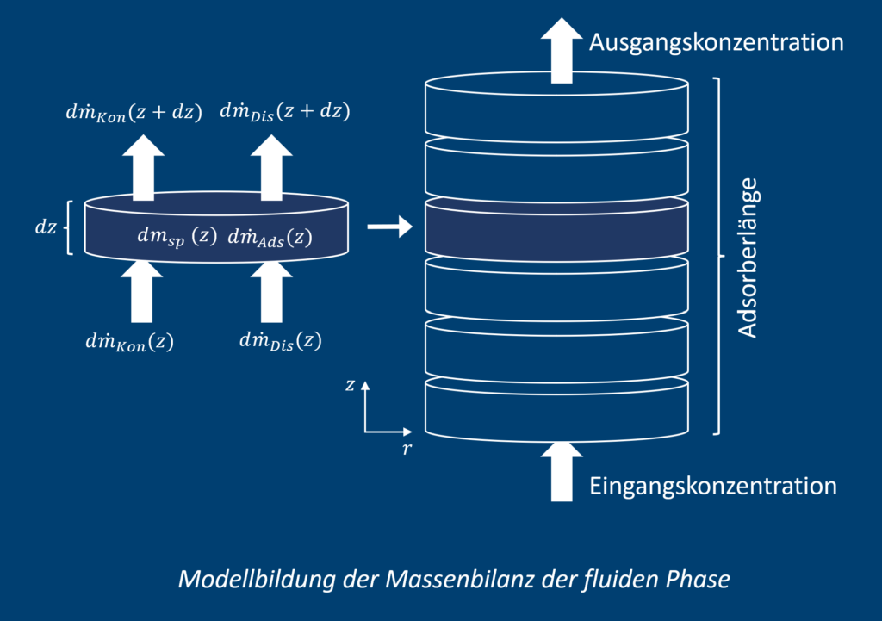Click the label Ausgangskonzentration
point(715,41)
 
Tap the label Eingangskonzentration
point(713,486)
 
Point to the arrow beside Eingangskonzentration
point(561,472)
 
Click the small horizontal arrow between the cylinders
point(386,227)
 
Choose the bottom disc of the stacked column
point(558,413)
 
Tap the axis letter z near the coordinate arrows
point(350,385)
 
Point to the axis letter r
point(407,448)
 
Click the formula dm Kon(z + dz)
point(134,112)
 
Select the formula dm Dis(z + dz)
point(285,111)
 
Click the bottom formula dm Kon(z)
point(129,342)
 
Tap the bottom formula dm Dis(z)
point(280,341)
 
